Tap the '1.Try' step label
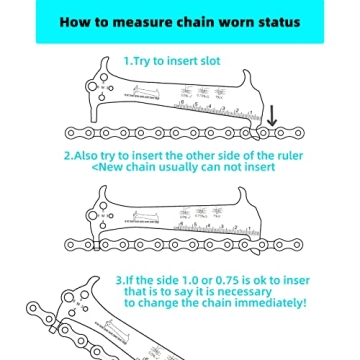139,60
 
